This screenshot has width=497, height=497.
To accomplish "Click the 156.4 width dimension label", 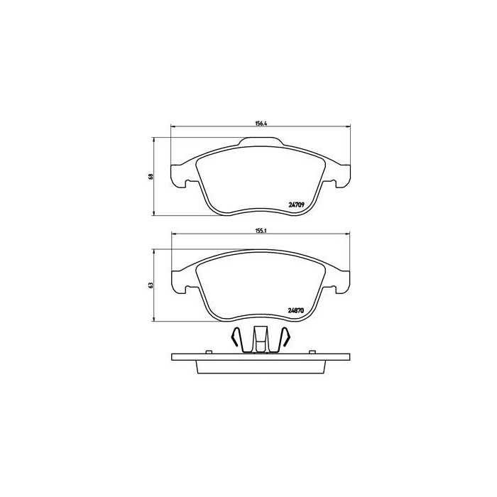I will [260, 124].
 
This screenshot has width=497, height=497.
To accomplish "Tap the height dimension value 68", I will [151, 176].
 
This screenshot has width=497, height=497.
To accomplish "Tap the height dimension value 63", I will [151, 285].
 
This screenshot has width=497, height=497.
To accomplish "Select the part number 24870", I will [295, 310].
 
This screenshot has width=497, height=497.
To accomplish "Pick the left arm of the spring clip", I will [239, 340].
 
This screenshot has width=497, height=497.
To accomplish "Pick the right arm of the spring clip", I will [283, 340].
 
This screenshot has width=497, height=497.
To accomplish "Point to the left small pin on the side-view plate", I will [209, 351].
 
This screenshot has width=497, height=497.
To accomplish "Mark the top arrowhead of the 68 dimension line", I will [155, 141].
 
